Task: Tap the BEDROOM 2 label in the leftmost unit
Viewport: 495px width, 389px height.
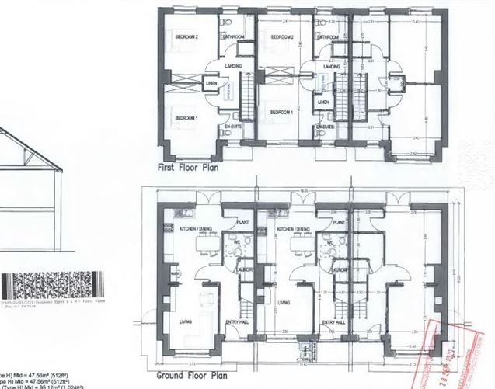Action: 186,38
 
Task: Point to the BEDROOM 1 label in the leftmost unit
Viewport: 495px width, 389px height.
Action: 186,117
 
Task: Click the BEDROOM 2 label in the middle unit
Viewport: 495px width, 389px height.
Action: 276,36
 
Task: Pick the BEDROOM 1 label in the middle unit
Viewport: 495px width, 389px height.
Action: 281,113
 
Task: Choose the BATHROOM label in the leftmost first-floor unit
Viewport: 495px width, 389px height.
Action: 233,37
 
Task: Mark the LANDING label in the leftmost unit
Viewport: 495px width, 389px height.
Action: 233,66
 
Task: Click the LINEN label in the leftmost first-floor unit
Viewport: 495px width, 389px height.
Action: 211,84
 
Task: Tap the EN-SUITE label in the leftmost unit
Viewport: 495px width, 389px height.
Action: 232,125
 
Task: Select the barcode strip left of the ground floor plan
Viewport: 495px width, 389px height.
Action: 54,283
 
